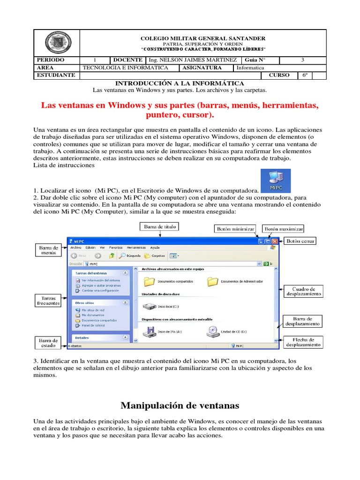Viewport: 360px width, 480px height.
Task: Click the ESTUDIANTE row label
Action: (55, 75)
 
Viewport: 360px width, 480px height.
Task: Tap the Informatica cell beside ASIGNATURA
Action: (250, 67)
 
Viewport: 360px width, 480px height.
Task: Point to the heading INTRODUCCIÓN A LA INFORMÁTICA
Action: (180, 83)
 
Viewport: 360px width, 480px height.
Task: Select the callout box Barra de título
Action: (160, 227)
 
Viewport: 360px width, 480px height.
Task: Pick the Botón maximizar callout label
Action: (284, 229)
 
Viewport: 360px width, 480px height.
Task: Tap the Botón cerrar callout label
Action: (300, 241)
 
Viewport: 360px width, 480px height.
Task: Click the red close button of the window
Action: (275, 241)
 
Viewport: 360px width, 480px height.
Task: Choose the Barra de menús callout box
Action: (48, 250)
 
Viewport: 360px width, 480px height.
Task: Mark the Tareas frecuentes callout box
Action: (48, 300)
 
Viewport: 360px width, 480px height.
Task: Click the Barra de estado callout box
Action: (48, 343)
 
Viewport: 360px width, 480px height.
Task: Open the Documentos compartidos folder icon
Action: (149, 281)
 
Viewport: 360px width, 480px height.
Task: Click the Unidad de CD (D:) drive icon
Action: (212, 332)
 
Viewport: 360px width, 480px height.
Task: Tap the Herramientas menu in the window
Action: (135, 247)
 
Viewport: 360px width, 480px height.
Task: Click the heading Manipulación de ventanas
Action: (180, 405)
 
